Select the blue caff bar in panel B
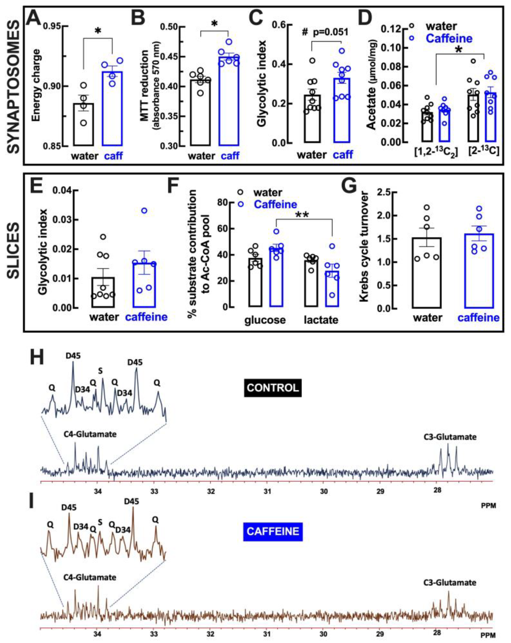pyautogui.click(x=229, y=101)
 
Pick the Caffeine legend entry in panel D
pyautogui.click(x=449, y=38)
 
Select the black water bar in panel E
pyautogui.click(x=103, y=292)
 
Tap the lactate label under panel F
pyautogui.click(x=321, y=320)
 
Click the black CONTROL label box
pyautogui.click(x=273, y=388)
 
